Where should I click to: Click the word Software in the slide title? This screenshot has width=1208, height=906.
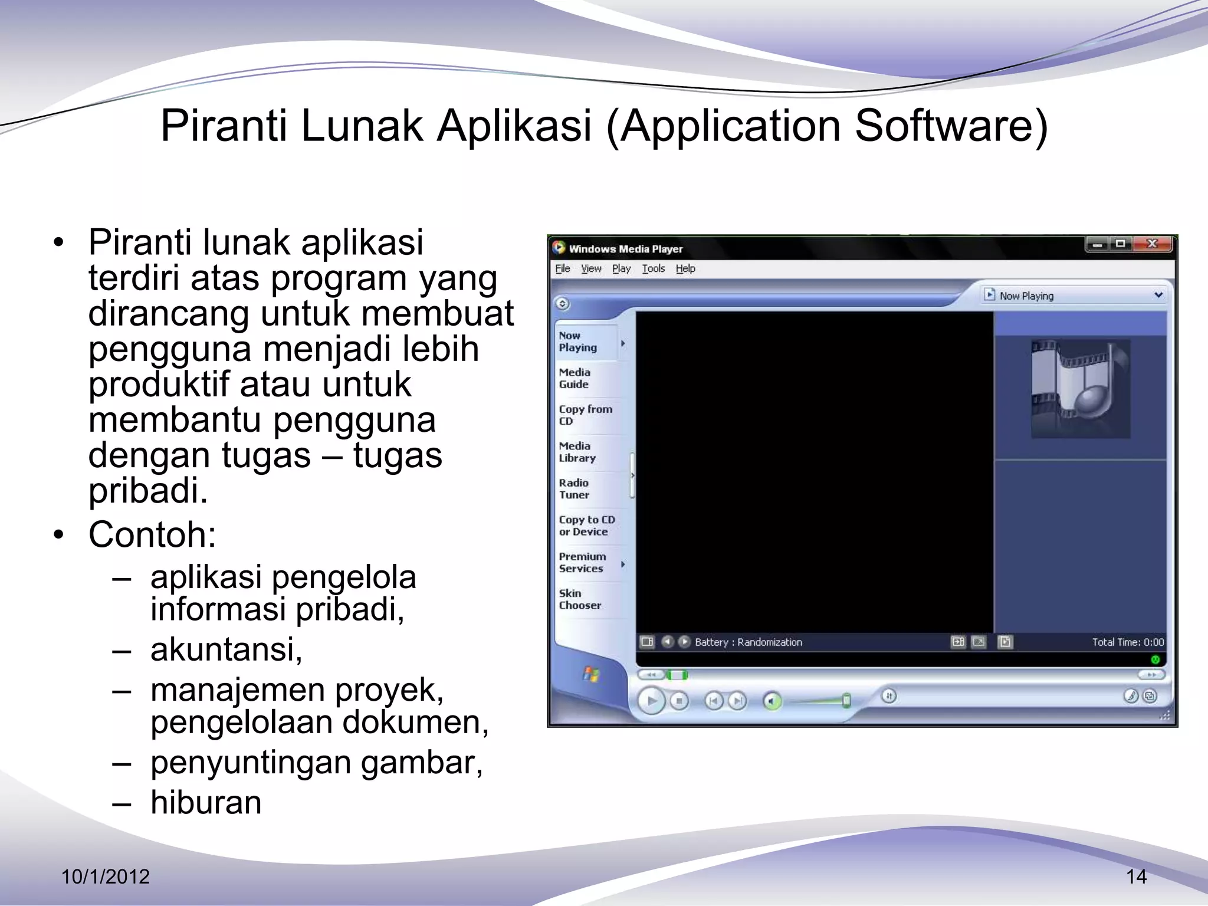point(951,126)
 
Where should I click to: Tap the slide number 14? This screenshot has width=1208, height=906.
point(1136,877)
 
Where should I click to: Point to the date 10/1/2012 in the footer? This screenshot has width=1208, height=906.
point(106,877)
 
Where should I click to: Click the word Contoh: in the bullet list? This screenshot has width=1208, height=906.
point(152,534)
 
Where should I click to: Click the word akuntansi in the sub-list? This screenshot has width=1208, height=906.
point(226,649)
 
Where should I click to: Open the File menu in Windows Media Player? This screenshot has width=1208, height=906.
point(563,269)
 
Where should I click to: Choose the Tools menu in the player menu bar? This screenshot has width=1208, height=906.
point(653,269)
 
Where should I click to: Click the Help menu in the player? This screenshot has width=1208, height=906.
point(685,269)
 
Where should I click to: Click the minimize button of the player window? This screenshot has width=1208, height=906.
point(1097,244)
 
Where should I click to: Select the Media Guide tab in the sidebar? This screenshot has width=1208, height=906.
point(575,378)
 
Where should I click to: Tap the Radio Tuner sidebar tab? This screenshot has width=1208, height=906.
point(574,488)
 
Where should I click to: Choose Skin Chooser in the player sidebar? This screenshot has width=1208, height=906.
point(580,599)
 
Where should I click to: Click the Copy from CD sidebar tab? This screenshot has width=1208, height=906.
point(585,415)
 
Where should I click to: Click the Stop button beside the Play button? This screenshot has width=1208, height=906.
point(679,701)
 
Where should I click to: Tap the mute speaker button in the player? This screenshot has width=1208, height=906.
point(772,701)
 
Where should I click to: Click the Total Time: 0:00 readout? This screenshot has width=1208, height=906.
point(1128,642)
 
